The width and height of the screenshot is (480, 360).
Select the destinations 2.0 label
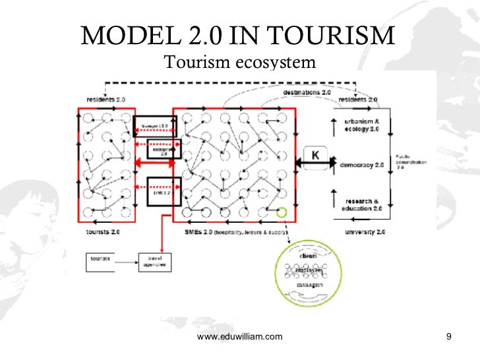307,93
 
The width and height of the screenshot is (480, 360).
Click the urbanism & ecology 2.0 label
362,125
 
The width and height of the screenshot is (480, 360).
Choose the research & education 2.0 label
363,204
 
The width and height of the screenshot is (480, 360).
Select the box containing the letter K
315,156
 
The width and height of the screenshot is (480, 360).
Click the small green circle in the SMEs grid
282,213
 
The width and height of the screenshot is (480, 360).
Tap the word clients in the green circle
309,254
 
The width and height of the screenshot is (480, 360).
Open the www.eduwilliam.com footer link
240,337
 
